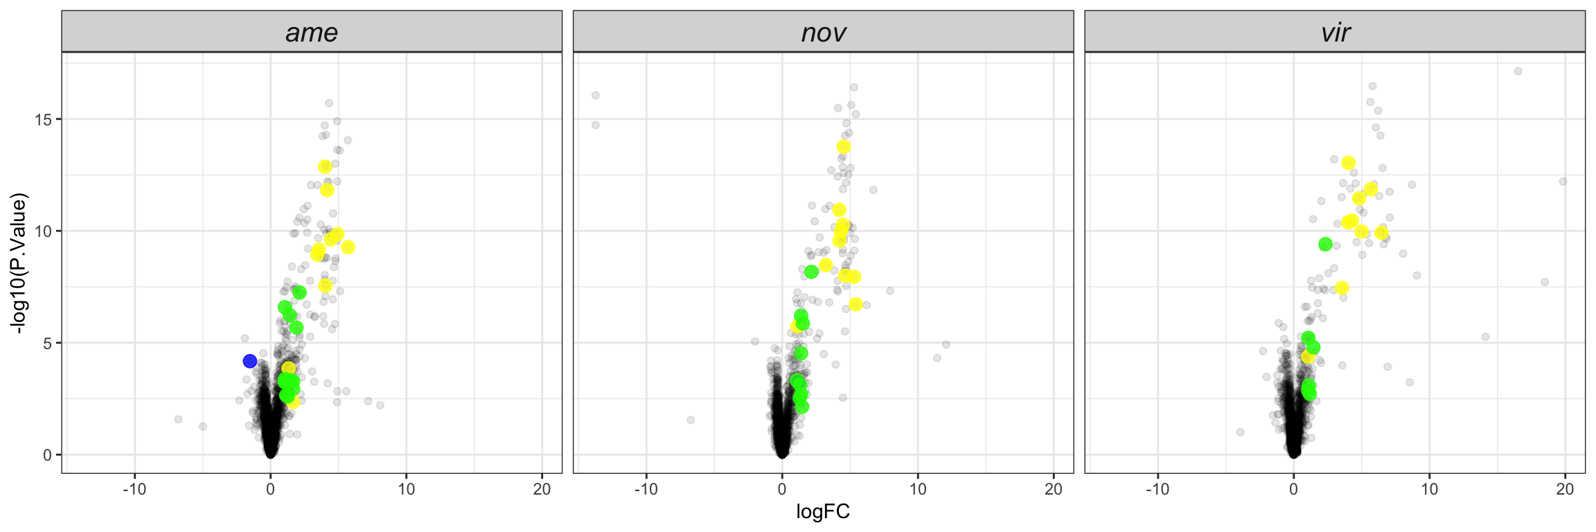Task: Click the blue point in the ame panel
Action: coord(250,361)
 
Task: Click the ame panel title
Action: coord(311,33)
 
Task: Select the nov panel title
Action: coord(823,33)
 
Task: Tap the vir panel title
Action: coord(1335,33)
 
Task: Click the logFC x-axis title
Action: coord(823,512)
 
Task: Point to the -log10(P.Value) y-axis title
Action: coord(19,263)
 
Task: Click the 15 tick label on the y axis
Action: coord(43,119)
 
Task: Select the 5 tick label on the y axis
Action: coord(47,343)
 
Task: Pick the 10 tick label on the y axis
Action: coord(43,231)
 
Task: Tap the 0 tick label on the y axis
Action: coord(47,455)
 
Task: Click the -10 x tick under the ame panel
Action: coord(134,490)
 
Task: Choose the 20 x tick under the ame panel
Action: coord(542,490)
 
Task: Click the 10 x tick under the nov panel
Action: coord(918,490)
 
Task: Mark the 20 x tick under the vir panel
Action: coord(1565,490)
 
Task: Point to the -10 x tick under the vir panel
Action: coord(1158,490)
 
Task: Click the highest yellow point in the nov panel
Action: coord(844,147)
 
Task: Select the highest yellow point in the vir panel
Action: coord(1348,163)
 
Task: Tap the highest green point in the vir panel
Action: coord(1325,244)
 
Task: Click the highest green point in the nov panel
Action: coord(811,272)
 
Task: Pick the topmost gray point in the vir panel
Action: coord(1518,71)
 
